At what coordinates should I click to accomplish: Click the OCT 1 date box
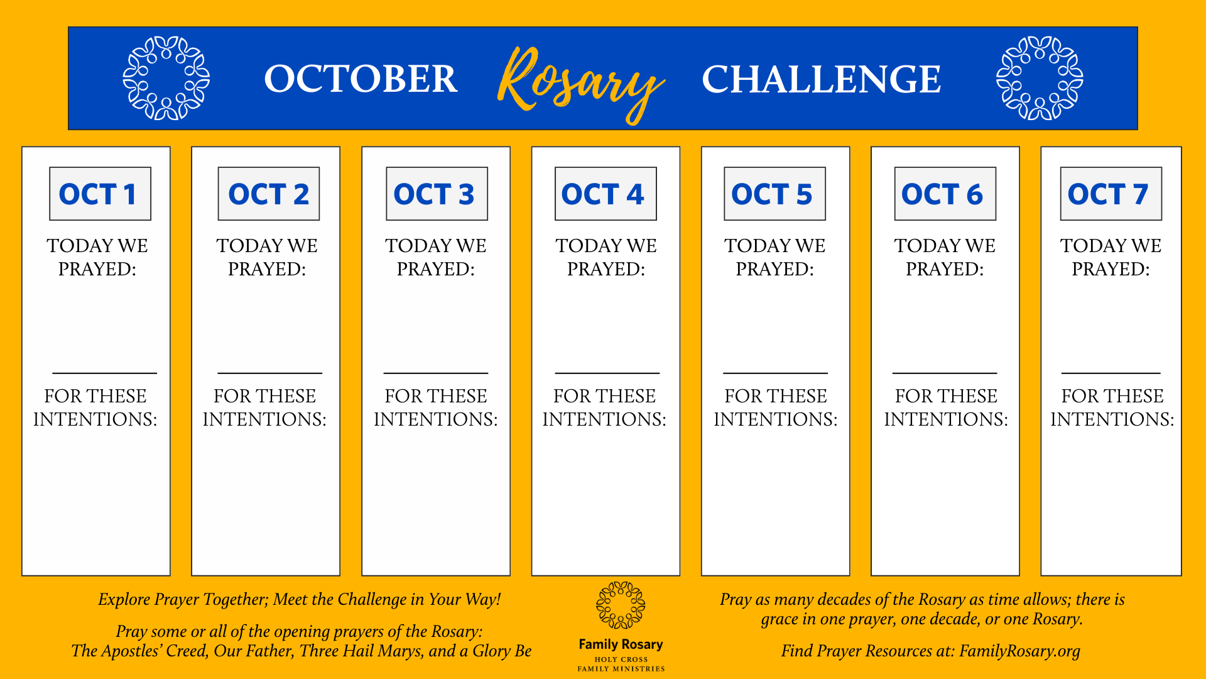tap(100, 194)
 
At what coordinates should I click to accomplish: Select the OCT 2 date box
tap(269, 194)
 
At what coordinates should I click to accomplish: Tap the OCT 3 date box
tap(437, 194)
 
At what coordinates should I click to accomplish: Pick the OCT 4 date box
tap(606, 194)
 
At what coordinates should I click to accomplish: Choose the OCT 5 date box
tap(774, 194)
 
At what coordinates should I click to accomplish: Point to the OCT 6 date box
tap(945, 194)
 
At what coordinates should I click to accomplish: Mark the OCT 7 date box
tap(1111, 194)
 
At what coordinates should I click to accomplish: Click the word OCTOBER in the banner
tap(361, 79)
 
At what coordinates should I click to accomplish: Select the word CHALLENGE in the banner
tap(821, 80)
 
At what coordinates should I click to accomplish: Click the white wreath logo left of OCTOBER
tap(166, 78)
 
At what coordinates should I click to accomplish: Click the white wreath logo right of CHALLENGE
tap(1040, 78)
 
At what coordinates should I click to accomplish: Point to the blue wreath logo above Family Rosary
tap(621, 605)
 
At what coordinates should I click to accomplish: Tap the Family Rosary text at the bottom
tap(621, 644)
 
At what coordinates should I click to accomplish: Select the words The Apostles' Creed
tap(139, 651)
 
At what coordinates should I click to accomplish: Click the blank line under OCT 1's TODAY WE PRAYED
tap(104, 373)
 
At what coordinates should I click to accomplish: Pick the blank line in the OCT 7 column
tap(1111, 373)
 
